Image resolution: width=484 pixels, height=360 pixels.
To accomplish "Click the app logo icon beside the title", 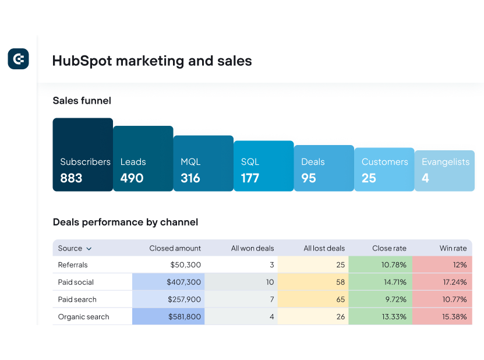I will [x=18, y=59].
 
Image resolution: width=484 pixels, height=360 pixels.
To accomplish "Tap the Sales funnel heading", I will [x=82, y=101].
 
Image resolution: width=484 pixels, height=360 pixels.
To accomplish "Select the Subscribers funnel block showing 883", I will [x=83, y=155].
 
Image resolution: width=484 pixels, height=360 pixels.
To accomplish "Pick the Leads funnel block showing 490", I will [x=143, y=159].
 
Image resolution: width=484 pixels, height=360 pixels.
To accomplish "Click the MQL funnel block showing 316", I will [x=203, y=164].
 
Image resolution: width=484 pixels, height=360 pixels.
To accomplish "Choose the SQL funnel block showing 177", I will [x=264, y=166].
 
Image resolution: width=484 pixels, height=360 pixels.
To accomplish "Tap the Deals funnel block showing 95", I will [x=324, y=168].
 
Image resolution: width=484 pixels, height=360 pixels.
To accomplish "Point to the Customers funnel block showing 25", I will [x=384, y=170].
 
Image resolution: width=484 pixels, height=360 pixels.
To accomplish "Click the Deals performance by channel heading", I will [x=125, y=222].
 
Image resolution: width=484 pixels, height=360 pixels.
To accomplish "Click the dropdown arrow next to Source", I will [x=89, y=249].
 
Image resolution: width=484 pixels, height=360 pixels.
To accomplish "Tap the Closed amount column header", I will [x=175, y=248].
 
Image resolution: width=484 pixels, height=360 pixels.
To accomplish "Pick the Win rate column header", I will [x=453, y=248].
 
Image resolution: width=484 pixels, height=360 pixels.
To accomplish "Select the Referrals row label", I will [x=73, y=265].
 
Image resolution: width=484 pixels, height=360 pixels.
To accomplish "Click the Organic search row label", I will [x=83, y=317].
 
